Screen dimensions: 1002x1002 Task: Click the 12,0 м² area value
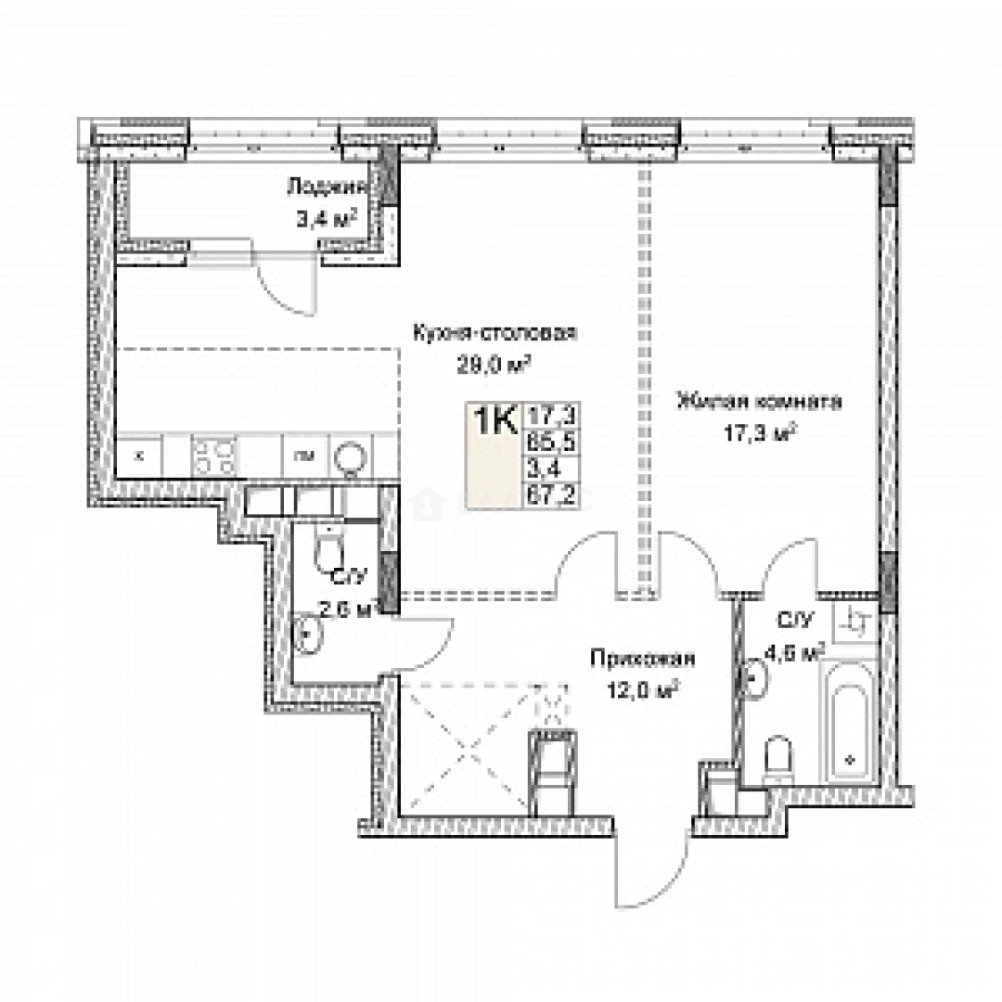(642, 688)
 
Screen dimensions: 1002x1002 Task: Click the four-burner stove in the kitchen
(214, 455)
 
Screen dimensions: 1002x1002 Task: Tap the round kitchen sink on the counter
(352, 456)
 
